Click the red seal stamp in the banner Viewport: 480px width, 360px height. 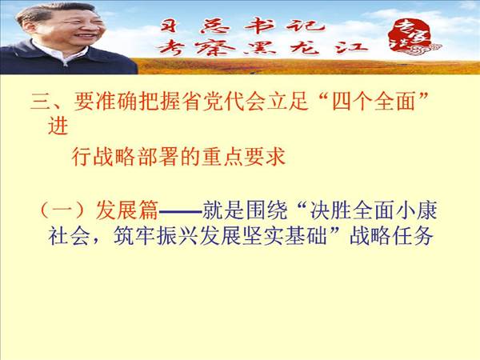tap(410, 38)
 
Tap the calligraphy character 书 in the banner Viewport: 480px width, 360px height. tap(259, 26)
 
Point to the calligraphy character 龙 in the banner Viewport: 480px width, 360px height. tap(304, 48)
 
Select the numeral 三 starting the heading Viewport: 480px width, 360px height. tap(41, 101)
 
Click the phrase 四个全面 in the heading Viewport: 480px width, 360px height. tap(373, 101)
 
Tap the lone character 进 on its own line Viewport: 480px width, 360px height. tap(58, 126)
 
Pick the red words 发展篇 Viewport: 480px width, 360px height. tap(127, 210)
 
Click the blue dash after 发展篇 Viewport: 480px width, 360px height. tap(180, 211)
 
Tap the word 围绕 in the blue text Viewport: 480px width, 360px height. tap(266, 210)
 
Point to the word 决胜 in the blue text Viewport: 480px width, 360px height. tap(330, 210)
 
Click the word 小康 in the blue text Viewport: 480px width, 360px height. tap(416, 210)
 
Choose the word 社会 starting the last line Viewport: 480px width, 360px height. tap(69, 236)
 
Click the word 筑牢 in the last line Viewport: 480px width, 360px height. tap(134, 236)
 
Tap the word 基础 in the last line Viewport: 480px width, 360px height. tap(306, 236)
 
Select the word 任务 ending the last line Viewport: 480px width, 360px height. tap(414, 236)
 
